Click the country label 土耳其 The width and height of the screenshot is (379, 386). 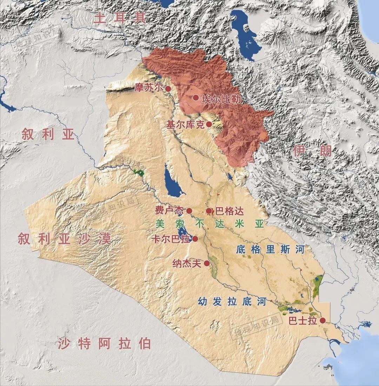pyautogui.click(x=120, y=18)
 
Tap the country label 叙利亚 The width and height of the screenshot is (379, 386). pyautogui.click(x=48, y=134)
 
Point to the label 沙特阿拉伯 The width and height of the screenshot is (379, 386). pyautogui.click(x=105, y=343)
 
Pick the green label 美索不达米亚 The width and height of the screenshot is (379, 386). pyautogui.click(x=210, y=224)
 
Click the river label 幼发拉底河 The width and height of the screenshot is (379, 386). pyautogui.click(x=232, y=301)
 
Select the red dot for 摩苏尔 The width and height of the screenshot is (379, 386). pyautogui.click(x=168, y=89)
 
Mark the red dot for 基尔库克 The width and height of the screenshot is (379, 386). pyautogui.click(x=209, y=124)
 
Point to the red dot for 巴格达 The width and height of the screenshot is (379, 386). pyautogui.click(x=209, y=211)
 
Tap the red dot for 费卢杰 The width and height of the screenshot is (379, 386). pyautogui.click(x=189, y=211)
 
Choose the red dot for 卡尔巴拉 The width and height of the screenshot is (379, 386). pyautogui.click(x=195, y=239)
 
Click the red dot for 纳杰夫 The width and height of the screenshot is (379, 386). pyautogui.click(x=207, y=263)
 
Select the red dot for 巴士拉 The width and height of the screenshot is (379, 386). pyautogui.click(x=323, y=320)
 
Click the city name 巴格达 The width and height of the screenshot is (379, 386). pyautogui.click(x=229, y=211)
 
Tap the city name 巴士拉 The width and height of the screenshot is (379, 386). pyautogui.click(x=302, y=320)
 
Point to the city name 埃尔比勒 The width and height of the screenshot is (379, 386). pyautogui.click(x=221, y=99)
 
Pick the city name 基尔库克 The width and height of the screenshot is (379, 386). pyautogui.click(x=185, y=125)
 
